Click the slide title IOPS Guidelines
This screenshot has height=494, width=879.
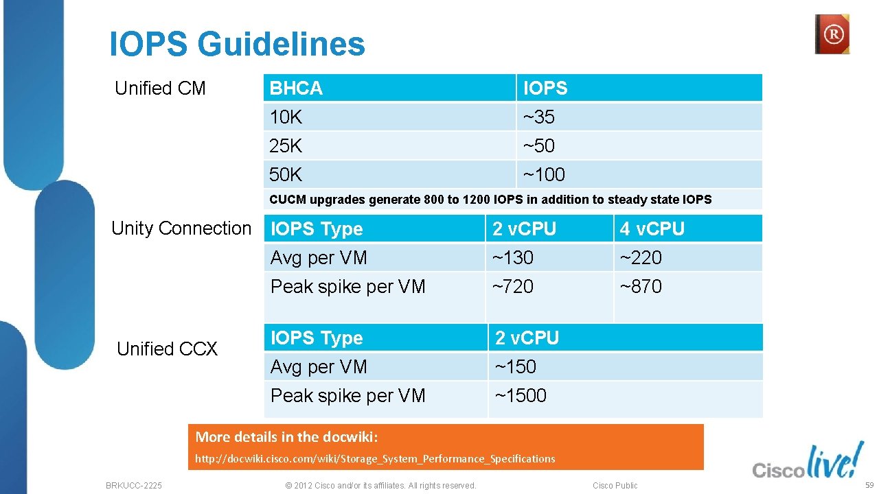(x=237, y=45)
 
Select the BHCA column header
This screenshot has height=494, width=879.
(x=296, y=89)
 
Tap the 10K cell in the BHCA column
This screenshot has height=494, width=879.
(x=286, y=117)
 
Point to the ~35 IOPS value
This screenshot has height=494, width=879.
(x=539, y=117)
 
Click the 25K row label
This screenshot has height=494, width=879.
(x=286, y=146)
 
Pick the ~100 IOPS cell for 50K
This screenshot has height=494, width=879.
(x=544, y=175)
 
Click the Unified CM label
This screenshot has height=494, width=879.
(x=160, y=89)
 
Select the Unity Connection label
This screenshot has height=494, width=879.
(x=181, y=228)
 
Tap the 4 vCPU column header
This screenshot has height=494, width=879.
(x=652, y=229)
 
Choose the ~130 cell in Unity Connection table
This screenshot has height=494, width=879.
(x=512, y=258)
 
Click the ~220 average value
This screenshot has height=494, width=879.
(x=641, y=258)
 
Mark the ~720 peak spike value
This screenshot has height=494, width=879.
(x=512, y=287)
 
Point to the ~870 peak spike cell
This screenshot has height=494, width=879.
(x=641, y=287)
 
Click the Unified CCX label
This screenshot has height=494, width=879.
(x=167, y=349)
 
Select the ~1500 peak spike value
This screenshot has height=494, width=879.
(x=521, y=396)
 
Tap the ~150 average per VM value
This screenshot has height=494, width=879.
(x=516, y=367)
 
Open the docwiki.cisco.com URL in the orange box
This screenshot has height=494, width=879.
(x=375, y=458)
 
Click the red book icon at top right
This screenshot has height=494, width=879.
(x=832, y=34)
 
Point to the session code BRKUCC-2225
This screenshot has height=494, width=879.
(x=134, y=486)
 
